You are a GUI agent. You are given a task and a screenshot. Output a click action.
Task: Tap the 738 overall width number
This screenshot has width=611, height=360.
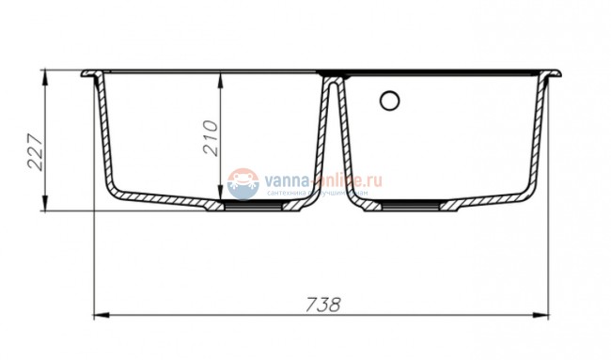(x=322, y=305)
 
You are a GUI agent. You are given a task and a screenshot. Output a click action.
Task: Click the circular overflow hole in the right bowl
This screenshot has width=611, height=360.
(x=390, y=100)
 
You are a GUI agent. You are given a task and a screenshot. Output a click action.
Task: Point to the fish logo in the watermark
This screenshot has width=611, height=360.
(x=243, y=183)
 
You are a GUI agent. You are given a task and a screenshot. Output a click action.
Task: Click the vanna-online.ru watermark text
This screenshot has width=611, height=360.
(x=324, y=178)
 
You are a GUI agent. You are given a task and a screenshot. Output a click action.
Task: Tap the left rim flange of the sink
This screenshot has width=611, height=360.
(x=91, y=74)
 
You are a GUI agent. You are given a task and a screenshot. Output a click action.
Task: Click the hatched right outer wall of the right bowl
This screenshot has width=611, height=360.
(x=538, y=141)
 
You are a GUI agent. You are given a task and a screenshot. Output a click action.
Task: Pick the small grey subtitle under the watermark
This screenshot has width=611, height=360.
(x=324, y=193)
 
